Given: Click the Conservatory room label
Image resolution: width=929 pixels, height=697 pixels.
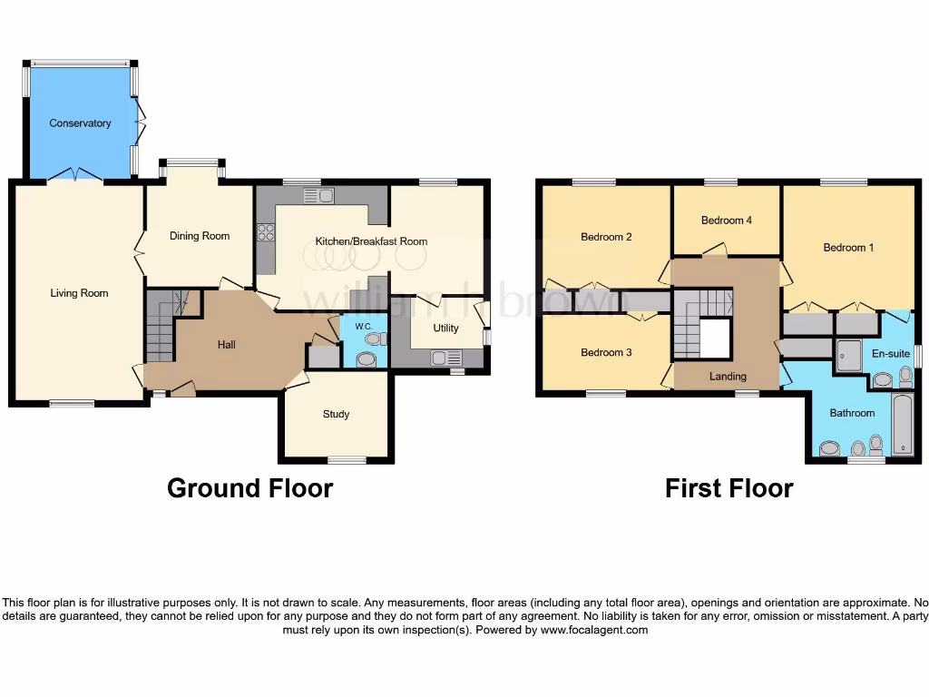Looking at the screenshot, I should point(80,123).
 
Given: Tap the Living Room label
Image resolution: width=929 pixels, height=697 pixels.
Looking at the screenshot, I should point(79,293).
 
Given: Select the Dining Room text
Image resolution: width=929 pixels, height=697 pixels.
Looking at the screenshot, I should point(200,236).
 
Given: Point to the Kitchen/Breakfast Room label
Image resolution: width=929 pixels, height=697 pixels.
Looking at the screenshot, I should point(371,241).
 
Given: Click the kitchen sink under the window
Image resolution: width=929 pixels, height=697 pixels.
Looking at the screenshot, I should point(318,194).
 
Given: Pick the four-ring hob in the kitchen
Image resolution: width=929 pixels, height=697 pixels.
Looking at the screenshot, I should point(267,232).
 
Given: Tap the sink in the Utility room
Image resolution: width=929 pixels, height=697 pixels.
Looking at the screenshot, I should point(443,358).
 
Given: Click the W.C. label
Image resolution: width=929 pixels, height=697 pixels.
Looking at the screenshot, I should point(364,326).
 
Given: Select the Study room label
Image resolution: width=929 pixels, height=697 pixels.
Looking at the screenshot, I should point(336,415).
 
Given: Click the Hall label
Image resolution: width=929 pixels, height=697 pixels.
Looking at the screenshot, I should point(227,345).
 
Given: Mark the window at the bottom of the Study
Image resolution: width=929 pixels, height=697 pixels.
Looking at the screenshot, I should point(347,460).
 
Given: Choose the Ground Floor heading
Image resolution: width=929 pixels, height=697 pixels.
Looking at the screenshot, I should point(249,488).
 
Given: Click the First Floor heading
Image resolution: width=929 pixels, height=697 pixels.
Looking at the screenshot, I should point(729,488).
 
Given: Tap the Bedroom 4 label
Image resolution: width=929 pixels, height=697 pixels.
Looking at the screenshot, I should point(727,221).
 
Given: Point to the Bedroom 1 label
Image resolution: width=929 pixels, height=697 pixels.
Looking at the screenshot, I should point(848,247).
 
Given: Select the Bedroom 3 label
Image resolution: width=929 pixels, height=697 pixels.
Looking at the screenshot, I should point(606,352).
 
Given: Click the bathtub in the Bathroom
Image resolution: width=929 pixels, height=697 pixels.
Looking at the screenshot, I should point(902,424).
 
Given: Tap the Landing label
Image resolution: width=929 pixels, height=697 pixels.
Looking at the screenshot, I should point(728,377).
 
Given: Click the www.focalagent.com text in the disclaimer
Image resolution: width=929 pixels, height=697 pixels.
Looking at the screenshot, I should point(594,630).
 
